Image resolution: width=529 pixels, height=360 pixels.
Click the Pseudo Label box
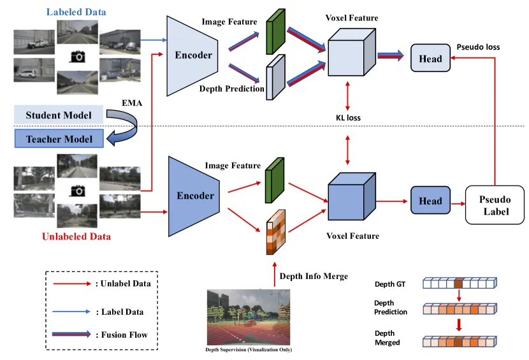(x=495, y=205)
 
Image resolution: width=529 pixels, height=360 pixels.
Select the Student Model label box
(x=59, y=115)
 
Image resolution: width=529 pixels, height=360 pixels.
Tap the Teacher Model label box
(x=59, y=138)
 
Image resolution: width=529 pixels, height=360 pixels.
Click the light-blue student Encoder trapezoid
(x=192, y=56)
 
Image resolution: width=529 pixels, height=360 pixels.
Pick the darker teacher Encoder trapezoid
(x=194, y=196)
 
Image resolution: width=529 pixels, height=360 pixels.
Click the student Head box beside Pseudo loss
(x=430, y=58)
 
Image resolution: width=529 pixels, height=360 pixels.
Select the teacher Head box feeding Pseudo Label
(x=430, y=201)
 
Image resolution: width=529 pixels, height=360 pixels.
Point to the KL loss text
(x=348, y=118)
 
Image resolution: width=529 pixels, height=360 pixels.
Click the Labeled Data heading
(x=76, y=12)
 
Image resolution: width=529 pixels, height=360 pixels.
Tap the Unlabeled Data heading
(x=76, y=236)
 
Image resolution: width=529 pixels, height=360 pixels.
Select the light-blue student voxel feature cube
(x=352, y=52)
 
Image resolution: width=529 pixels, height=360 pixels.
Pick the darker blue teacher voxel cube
(x=352, y=196)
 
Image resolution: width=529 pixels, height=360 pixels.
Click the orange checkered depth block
(x=275, y=232)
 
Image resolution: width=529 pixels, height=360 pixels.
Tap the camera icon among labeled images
(x=77, y=57)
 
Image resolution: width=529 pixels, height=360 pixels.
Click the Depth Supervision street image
(x=249, y=317)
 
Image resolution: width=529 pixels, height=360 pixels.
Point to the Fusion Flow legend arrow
(x=71, y=334)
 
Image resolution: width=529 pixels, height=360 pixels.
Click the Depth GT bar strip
(x=460, y=283)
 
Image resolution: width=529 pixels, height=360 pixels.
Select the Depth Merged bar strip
(x=460, y=342)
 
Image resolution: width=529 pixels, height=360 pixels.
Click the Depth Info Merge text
(x=314, y=276)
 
